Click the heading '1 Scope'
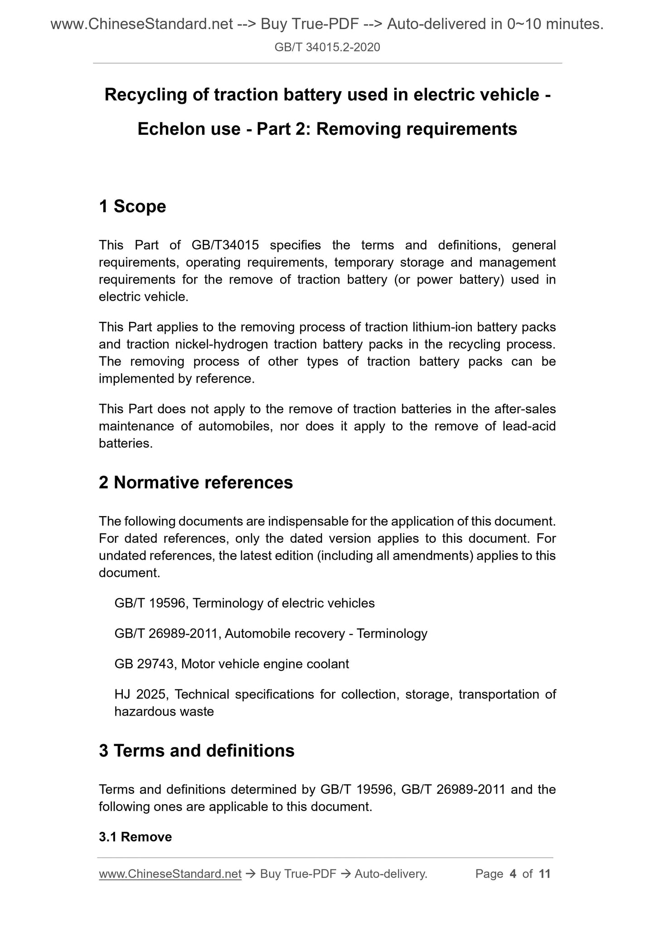click(132, 206)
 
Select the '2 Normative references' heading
click(196, 482)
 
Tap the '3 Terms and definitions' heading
click(196, 751)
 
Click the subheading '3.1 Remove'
click(135, 837)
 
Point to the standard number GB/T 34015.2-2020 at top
click(327, 47)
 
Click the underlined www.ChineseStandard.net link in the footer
click(170, 873)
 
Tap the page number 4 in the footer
click(513, 873)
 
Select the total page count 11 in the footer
click(544, 873)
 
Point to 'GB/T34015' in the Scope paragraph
click(225, 245)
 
